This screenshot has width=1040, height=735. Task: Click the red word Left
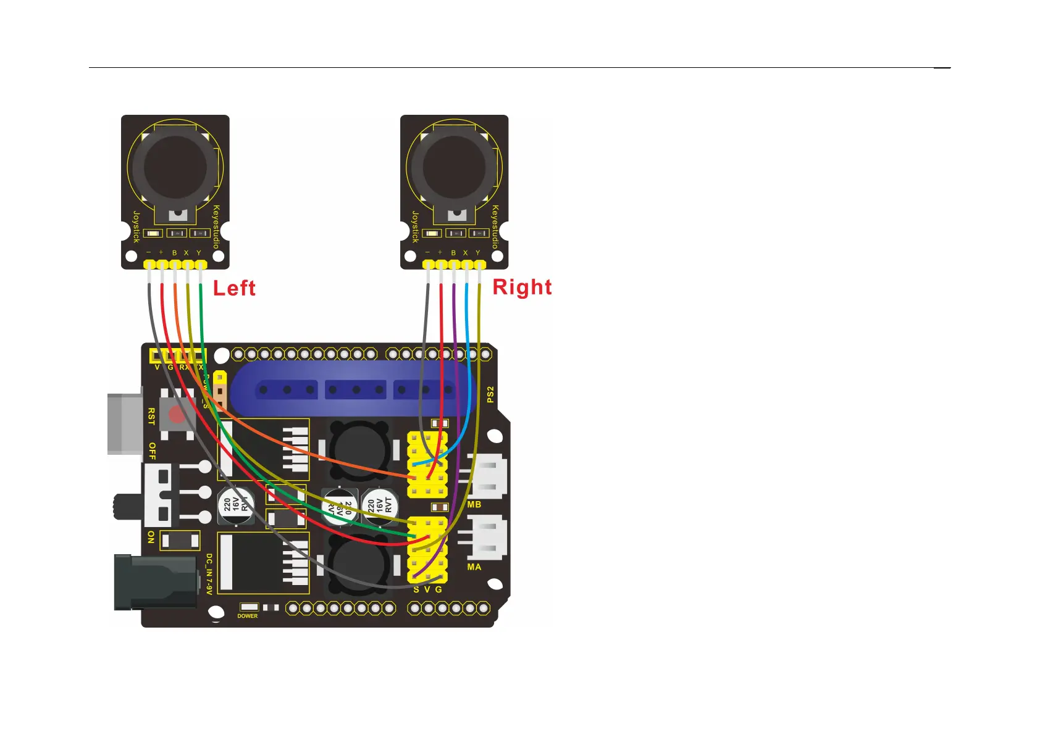(x=234, y=288)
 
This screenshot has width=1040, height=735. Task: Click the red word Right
(x=522, y=287)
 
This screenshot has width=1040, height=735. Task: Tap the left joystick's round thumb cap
(x=175, y=166)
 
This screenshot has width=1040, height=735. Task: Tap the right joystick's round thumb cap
(x=455, y=166)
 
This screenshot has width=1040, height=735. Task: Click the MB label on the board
(x=474, y=505)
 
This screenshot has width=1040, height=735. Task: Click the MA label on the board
(x=474, y=567)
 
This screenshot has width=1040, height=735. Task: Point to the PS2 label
(x=490, y=395)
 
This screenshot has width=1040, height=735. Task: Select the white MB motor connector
(x=489, y=475)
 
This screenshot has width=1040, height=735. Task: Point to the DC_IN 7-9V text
(x=209, y=574)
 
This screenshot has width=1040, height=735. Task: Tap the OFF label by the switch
(x=152, y=451)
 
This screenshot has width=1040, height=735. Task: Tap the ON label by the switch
(x=151, y=537)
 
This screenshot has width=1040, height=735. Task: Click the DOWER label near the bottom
(x=248, y=616)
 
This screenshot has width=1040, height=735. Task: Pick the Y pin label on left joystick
(x=199, y=253)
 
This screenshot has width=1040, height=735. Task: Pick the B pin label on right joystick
(x=453, y=253)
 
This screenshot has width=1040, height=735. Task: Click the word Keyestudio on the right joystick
(x=495, y=227)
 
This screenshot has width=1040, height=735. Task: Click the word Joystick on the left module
(x=136, y=227)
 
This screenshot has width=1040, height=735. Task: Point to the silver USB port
(x=124, y=423)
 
